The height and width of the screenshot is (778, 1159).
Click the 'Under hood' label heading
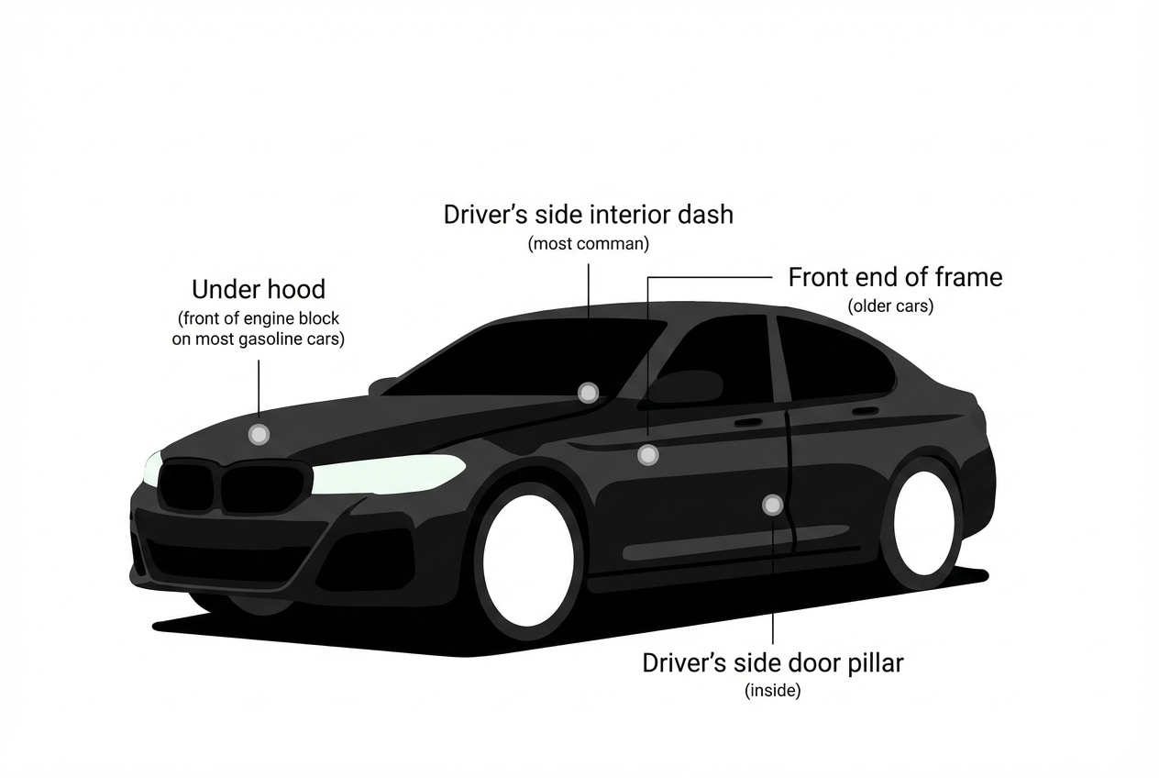coord(259,290)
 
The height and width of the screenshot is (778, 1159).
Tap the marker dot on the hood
coord(259,434)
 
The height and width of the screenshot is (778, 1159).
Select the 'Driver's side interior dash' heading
coord(589,215)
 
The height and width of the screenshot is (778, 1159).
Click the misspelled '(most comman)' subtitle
coord(589,245)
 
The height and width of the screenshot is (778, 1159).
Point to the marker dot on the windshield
coord(588,393)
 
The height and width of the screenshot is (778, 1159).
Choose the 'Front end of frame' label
coord(895,277)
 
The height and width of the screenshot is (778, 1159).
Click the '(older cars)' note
coord(890,306)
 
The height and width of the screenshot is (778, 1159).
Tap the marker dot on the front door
coord(648,454)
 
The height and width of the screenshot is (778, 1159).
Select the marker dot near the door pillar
coord(773,504)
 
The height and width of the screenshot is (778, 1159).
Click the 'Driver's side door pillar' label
coord(773,663)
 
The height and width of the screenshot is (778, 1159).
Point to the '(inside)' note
coord(773,691)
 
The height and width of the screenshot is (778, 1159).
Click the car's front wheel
coord(528,560)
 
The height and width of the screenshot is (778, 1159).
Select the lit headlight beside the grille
coord(390,473)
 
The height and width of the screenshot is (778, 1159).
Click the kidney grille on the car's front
coord(234,486)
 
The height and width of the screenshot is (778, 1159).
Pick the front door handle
coord(748,423)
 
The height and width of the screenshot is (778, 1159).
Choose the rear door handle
coord(865,411)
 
